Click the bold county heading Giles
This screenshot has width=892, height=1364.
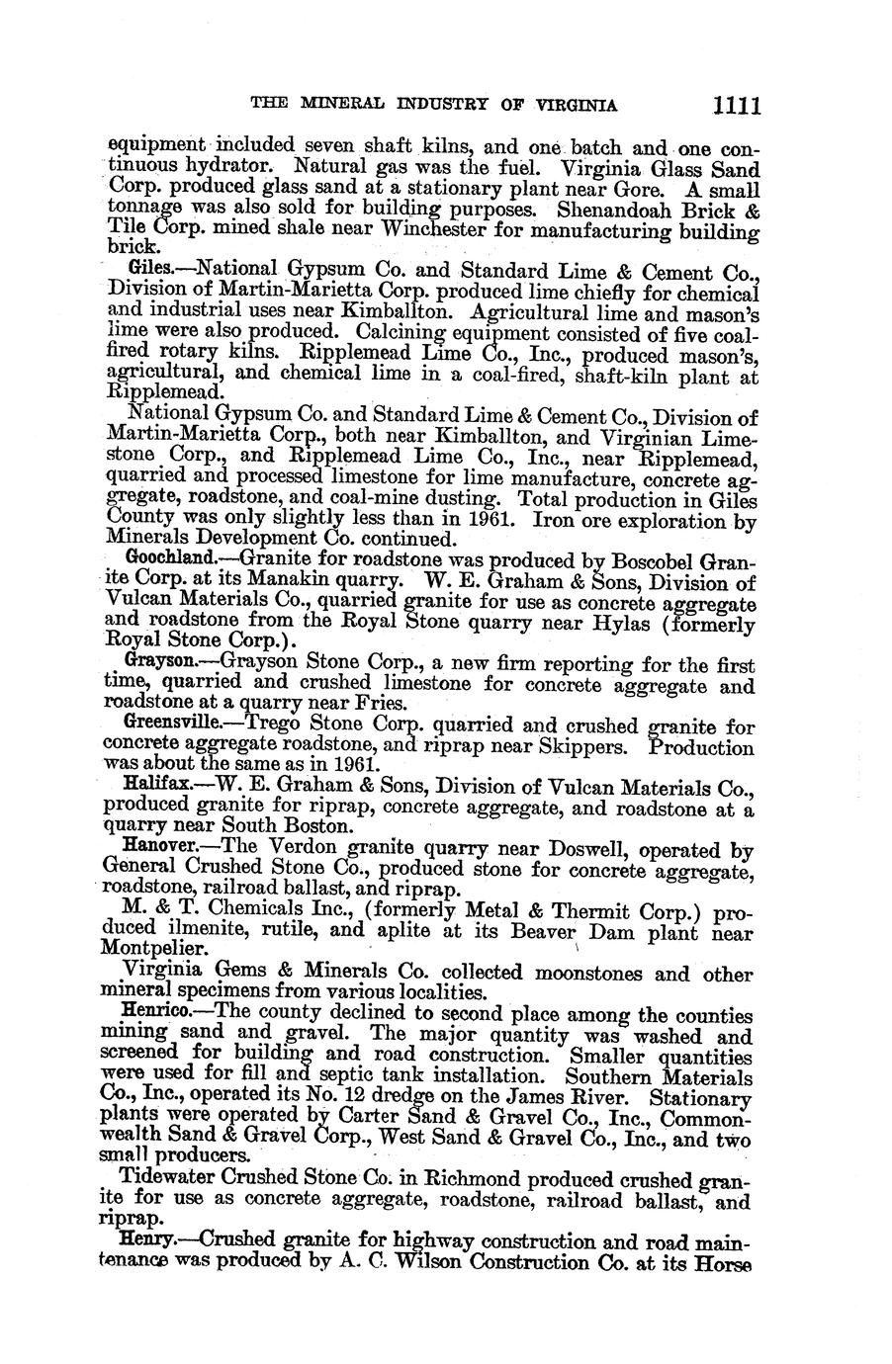pyautogui.click(x=149, y=269)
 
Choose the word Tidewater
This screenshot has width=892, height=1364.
pyautogui.click(x=167, y=1178)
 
